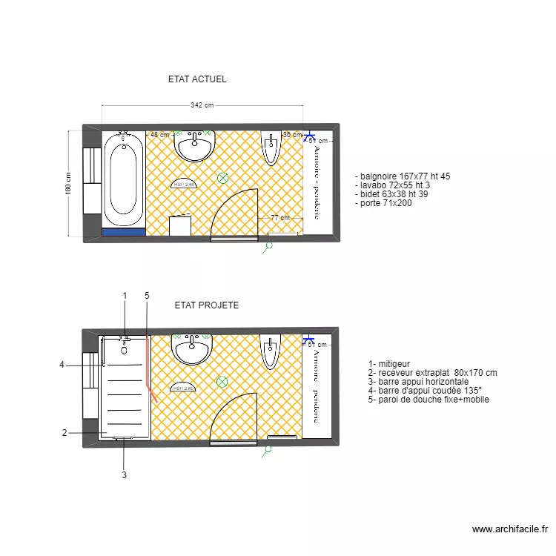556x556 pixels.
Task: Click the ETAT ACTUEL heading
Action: tap(197, 79)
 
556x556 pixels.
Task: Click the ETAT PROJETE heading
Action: tap(207, 305)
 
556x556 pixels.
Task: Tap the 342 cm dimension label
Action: tap(202, 105)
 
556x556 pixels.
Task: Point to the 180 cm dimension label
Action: tap(68, 184)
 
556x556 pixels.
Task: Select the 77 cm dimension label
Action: tap(279, 218)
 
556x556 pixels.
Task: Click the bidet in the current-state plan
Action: tap(271, 148)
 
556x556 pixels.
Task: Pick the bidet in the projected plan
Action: tap(271, 351)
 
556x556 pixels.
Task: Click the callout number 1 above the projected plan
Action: tap(125, 296)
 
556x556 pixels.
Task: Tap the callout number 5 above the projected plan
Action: tap(147, 296)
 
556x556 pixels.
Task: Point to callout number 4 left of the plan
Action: tap(62, 364)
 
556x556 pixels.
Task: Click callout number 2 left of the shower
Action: tap(64, 433)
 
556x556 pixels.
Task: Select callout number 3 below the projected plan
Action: tap(124, 475)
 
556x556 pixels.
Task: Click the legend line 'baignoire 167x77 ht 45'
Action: tap(403, 176)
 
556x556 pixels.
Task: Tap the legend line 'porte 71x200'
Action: tap(383, 202)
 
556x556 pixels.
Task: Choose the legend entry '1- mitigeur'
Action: tap(390, 364)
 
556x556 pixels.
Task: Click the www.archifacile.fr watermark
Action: tap(510, 529)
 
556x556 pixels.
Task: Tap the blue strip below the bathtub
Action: tap(124, 232)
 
